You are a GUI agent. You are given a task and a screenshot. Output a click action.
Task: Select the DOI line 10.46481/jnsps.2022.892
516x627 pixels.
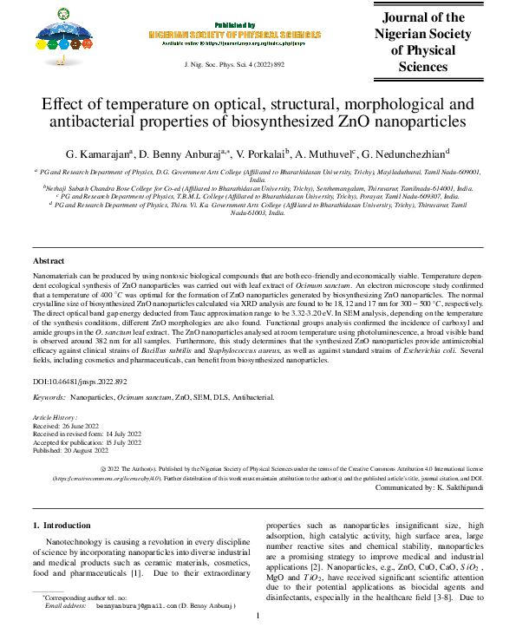(x=81, y=382)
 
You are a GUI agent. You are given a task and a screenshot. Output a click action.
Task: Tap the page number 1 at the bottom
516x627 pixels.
(x=258, y=617)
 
